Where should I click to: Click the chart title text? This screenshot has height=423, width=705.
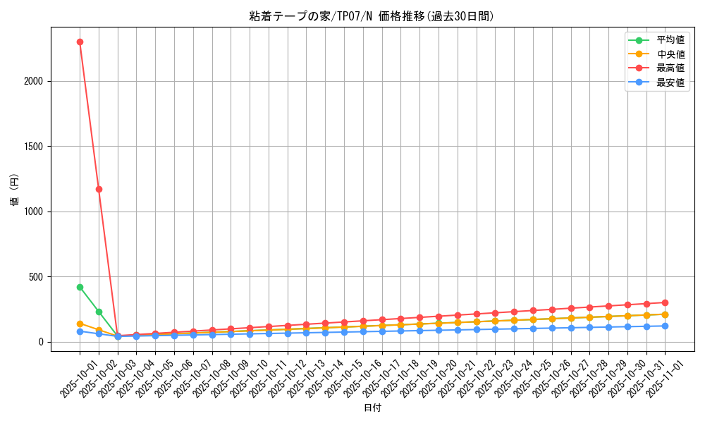pyautogui.click(x=372, y=16)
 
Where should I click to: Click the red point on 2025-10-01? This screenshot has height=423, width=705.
pyautogui.click(x=80, y=42)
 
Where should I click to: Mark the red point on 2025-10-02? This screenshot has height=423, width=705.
pyautogui.click(x=99, y=189)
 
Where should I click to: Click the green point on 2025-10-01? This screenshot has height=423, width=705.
pyautogui.click(x=80, y=287)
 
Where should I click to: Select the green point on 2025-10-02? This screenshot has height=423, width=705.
pyautogui.click(x=99, y=312)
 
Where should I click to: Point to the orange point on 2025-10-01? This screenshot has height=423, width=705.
pyautogui.click(x=80, y=324)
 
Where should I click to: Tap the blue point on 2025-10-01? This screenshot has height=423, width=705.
pyautogui.click(x=80, y=331)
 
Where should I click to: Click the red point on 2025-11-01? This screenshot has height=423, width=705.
pyautogui.click(x=665, y=302)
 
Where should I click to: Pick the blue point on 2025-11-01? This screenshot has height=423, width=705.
pyautogui.click(x=665, y=326)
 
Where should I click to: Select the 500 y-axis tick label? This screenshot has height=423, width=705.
pyautogui.click(x=37, y=277)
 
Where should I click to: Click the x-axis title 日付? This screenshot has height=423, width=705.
pyautogui.click(x=372, y=408)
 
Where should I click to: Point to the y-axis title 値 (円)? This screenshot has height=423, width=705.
pyautogui.click(x=15, y=190)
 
